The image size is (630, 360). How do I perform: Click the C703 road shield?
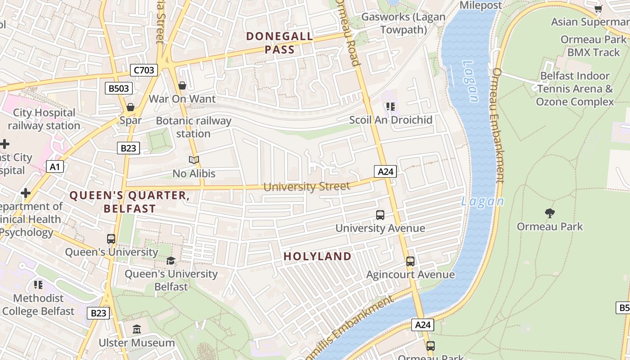(144, 70)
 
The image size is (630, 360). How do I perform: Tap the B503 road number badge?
(119, 88)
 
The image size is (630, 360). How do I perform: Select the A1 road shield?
(54, 167)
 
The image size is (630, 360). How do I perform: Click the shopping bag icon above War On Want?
(182, 85)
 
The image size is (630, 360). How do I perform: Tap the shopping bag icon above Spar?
(130, 107)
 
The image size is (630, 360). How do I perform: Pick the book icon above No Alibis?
(194, 160)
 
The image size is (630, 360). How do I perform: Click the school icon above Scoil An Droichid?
(390, 107)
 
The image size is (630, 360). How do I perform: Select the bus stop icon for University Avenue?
(380, 215)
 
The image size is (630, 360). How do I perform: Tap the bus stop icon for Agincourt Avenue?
(410, 261)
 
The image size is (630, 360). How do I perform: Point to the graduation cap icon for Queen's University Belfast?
(171, 261)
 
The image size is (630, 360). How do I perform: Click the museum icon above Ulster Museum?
(137, 329)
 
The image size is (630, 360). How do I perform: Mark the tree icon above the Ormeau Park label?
(549, 213)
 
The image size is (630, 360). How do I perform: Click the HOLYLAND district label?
(317, 256)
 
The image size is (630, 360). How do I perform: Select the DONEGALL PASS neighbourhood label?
(279, 43)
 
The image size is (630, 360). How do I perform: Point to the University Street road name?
(306, 186)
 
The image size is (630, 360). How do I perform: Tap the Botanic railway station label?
(193, 127)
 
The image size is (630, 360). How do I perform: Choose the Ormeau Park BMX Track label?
(593, 46)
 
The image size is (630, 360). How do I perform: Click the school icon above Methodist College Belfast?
(38, 284)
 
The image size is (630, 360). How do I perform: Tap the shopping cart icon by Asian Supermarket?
(598, 9)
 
